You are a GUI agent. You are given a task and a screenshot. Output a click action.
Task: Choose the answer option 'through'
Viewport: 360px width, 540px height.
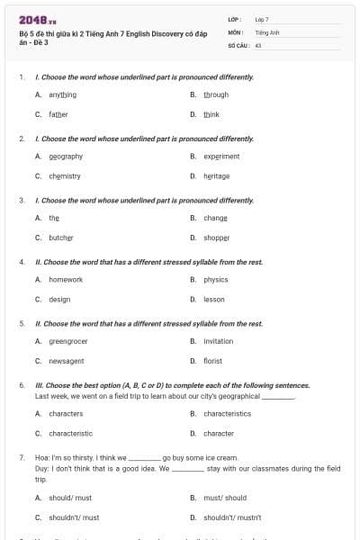pos(216,94)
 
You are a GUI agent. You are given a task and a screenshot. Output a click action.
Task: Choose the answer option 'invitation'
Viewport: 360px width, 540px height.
pos(219,341)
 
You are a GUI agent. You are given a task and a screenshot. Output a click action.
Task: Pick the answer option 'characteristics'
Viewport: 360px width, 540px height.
pos(228,413)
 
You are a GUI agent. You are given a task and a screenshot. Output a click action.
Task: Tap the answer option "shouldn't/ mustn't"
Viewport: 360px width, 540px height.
pos(230,517)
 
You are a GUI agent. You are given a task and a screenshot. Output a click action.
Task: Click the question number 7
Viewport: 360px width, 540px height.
pos(22,457)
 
